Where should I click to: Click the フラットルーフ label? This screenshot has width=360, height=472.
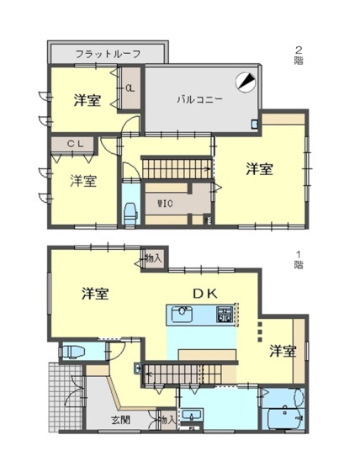pos(107,53)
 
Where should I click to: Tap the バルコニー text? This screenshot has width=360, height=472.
pos(199,98)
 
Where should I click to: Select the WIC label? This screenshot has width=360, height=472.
pos(166,202)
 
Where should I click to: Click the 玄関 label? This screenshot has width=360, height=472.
pos(123,418)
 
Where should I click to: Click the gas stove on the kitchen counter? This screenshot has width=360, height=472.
pos(225,316)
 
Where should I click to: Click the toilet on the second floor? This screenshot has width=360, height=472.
pos(132,214)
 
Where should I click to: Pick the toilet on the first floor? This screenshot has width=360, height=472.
pos(73,351)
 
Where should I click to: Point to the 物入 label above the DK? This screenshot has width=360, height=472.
pos(152,257)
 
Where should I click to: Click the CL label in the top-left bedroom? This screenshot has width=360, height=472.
pos(130,88)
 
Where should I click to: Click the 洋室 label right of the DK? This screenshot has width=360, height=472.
pos(283,350)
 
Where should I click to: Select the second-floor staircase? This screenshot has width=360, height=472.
pos(175,167)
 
